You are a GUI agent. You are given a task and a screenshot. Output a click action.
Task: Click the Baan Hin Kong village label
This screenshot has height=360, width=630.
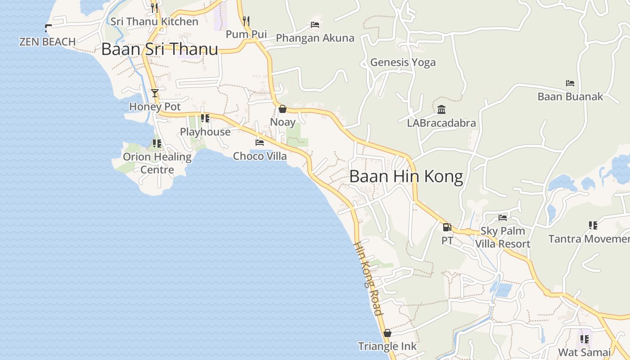(406, 176)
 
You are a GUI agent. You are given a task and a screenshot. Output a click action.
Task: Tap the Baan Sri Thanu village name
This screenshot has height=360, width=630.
(159, 49)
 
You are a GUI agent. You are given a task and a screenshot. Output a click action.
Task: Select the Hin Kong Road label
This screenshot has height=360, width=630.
(369, 279)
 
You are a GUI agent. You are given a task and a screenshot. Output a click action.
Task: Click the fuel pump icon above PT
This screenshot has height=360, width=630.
(447, 227)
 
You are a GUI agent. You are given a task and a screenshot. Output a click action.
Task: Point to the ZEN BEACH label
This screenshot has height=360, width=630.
(47, 42)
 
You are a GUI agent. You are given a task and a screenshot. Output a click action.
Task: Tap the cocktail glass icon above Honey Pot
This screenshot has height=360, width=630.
(155, 93)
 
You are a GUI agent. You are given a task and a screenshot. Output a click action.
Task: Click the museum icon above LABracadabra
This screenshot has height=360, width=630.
(441, 110)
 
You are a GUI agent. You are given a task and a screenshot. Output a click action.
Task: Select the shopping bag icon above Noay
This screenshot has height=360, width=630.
(283, 109)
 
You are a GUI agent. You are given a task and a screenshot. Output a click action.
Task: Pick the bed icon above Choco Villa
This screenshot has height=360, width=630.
(260, 143)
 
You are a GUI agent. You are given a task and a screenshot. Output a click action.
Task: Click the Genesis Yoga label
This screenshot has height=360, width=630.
(403, 62)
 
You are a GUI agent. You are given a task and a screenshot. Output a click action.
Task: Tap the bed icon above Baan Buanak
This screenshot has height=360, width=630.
(570, 83)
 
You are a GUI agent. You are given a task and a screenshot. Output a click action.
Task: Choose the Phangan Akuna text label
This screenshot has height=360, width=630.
(315, 38)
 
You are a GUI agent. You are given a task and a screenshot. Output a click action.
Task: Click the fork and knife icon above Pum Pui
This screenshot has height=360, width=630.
(246, 21)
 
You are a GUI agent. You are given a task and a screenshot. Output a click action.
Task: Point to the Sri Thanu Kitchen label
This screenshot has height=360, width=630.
(154, 22)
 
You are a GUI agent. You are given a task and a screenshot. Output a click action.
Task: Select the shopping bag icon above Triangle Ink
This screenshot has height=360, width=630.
(387, 333)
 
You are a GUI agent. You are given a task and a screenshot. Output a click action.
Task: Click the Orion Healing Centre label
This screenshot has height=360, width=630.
(157, 163)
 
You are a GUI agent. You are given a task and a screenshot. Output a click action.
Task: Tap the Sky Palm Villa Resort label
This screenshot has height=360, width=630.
(503, 237)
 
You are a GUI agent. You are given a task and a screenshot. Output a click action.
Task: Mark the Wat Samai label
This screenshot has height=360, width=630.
(584, 352)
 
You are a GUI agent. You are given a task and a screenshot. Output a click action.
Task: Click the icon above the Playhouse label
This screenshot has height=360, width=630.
(205, 118)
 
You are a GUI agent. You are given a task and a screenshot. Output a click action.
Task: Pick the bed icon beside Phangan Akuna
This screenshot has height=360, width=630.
(315, 25)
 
